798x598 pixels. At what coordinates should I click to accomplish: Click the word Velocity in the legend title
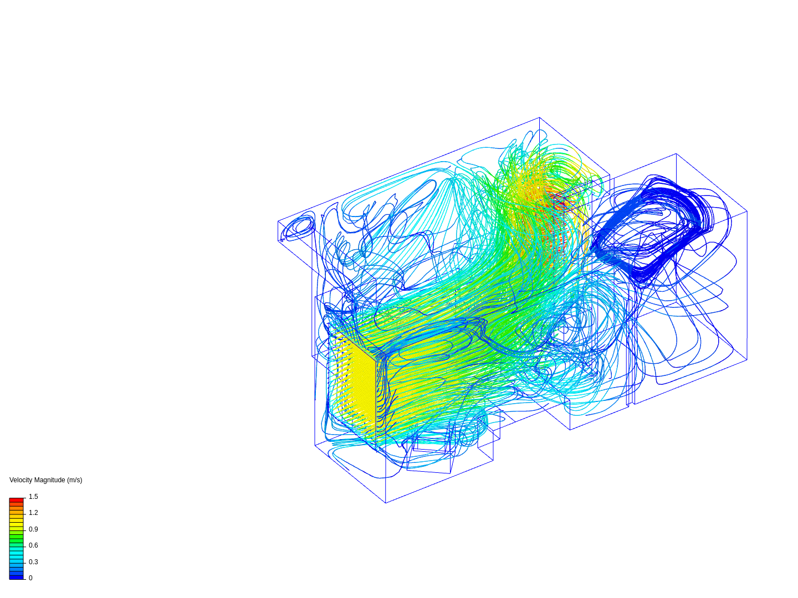click(20, 480)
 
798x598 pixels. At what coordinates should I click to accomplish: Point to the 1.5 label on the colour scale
click(33, 497)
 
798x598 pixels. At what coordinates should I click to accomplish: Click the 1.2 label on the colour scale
click(33, 513)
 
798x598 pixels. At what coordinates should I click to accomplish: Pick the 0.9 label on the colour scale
click(33, 529)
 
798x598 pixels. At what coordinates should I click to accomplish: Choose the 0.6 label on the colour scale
click(33, 545)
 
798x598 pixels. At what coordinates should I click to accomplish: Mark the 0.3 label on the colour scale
click(33, 562)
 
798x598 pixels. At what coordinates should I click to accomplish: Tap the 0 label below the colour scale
click(30, 578)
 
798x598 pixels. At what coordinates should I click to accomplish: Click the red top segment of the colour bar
click(17, 500)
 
